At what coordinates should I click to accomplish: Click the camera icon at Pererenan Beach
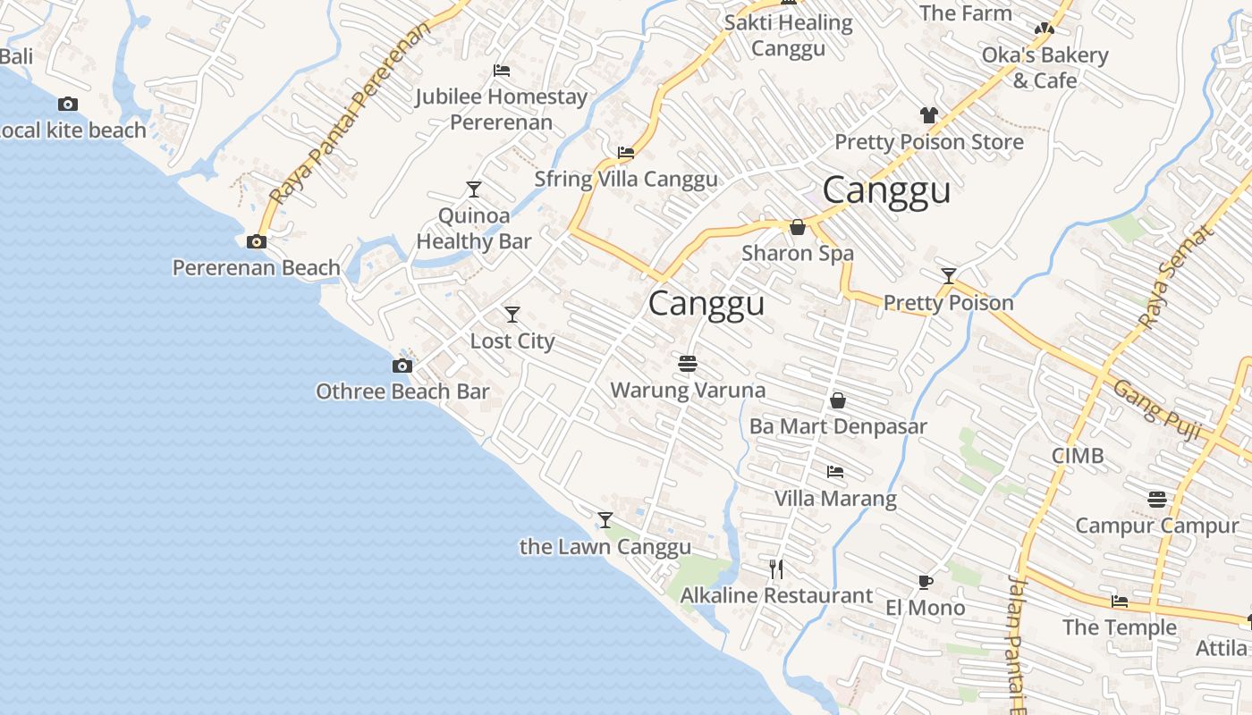[257, 241]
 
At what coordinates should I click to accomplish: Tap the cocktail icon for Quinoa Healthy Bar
[474, 189]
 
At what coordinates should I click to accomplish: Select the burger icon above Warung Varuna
[688, 364]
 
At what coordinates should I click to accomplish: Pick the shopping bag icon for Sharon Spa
[798, 227]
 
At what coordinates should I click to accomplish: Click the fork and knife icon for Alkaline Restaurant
[776, 568]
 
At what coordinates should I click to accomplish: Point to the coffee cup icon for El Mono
[926, 582]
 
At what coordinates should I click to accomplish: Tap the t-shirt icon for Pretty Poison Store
[929, 114]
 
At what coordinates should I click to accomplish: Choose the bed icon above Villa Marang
[835, 471]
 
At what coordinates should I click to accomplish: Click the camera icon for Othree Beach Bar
[402, 366]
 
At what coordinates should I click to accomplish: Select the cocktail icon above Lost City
[512, 315]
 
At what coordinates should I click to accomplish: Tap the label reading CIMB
[1078, 456]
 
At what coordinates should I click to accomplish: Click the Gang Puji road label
[1156, 409]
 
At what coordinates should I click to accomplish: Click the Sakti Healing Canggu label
[788, 35]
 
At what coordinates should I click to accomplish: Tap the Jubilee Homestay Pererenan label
[501, 109]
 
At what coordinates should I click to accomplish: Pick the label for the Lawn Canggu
[605, 547]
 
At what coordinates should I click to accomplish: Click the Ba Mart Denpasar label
[838, 426]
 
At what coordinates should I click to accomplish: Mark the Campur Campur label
[1156, 526]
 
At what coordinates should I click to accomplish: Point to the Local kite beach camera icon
[68, 105]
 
